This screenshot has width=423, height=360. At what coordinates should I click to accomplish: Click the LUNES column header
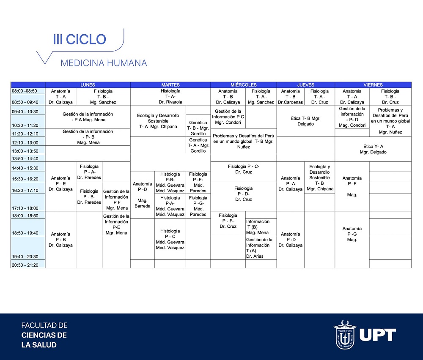88,85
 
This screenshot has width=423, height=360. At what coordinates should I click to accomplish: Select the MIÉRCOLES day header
243,85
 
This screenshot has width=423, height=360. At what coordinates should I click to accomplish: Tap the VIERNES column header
373,85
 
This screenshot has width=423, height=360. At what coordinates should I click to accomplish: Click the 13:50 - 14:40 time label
25,158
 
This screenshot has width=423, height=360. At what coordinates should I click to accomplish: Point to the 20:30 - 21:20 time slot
25,265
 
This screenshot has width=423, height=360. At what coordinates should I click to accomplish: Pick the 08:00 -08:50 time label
24,91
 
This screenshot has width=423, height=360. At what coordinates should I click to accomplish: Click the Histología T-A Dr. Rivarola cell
170,96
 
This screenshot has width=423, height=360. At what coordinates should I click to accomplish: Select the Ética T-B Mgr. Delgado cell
306,121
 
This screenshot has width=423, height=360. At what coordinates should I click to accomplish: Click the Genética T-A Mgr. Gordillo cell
198,145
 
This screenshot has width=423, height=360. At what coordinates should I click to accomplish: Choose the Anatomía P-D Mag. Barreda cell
143,195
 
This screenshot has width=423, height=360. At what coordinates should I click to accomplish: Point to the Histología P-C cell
170,239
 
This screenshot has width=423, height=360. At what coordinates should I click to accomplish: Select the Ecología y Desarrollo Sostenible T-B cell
320,177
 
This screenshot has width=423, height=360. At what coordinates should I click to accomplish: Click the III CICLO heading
80,39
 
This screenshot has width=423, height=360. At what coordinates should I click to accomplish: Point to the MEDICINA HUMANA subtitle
104,63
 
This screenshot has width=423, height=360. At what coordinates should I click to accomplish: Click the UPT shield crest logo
345,335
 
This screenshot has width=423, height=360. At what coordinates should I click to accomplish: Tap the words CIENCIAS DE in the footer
44,335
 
